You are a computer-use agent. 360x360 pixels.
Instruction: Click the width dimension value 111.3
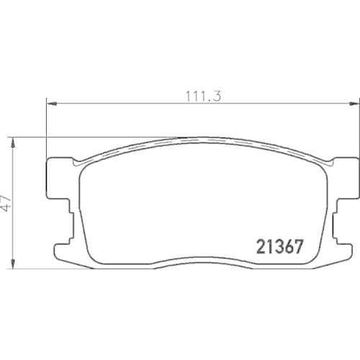click(203, 96)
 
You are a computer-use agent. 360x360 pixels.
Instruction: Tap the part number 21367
click(279, 247)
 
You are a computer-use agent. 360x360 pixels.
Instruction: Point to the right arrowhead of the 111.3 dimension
click(353, 104)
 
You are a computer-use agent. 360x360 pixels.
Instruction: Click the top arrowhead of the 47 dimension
click(13, 143)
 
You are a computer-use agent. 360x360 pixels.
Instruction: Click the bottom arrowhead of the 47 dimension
click(13, 264)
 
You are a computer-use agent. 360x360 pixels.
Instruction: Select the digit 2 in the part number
click(261, 247)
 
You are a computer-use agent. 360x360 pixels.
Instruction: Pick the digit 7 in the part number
click(297, 247)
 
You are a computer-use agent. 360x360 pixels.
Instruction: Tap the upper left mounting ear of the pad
click(59, 178)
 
